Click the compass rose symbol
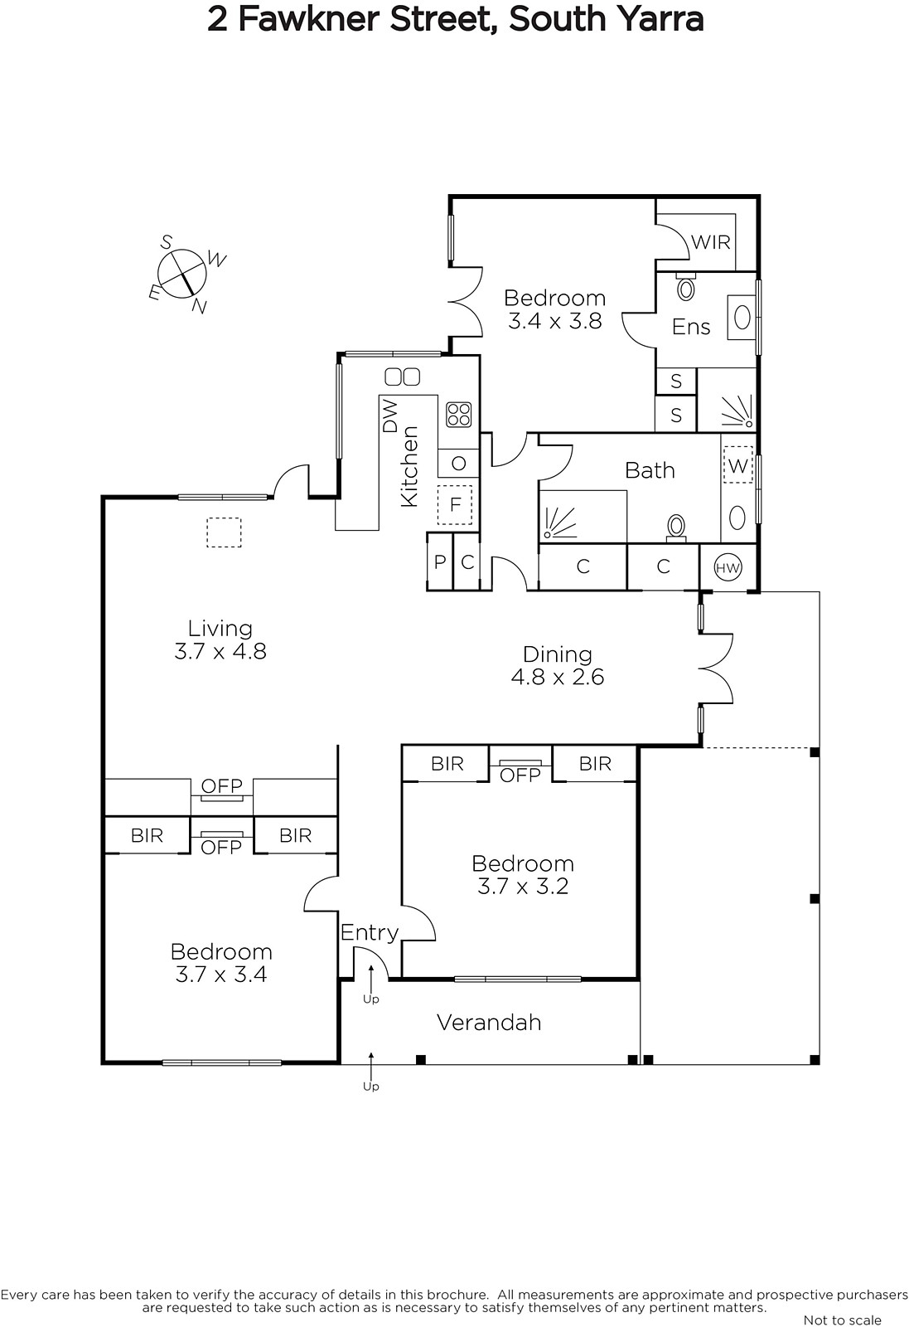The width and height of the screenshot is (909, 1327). (x=182, y=275)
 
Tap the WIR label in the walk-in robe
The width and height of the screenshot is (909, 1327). (x=711, y=242)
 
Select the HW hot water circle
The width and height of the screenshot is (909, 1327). (x=728, y=567)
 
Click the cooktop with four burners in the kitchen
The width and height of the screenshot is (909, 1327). (x=458, y=415)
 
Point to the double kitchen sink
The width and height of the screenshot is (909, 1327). (x=403, y=377)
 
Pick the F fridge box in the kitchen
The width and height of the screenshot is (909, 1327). (x=454, y=505)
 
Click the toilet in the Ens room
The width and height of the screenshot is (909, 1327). (x=685, y=288)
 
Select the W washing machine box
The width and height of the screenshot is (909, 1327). (x=738, y=465)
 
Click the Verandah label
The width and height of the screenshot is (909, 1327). (x=489, y=1023)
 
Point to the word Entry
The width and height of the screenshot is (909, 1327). (x=370, y=933)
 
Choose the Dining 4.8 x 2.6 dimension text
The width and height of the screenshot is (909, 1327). (x=558, y=677)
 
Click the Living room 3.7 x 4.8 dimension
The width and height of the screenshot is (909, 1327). (x=220, y=651)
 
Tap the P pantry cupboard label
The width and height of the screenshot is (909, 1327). (x=440, y=561)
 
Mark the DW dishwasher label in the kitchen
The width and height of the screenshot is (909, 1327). (x=390, y=416)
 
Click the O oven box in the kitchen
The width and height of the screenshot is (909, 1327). (x=458, y=464)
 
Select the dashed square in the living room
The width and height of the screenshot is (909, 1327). (x=224, y=532)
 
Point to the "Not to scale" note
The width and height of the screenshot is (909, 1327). (x=842, y=1320)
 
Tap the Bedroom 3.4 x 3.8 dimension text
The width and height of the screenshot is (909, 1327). (x=554, y=321)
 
